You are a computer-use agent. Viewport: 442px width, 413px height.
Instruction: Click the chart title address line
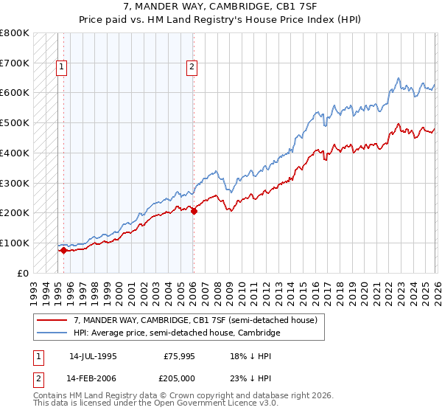pos(220,6)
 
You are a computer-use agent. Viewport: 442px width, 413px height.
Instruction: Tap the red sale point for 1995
pos(63,250)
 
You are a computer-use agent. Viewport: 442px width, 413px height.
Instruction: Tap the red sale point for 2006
pos(194,211)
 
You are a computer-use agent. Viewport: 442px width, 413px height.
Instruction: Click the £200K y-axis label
pos(15,212)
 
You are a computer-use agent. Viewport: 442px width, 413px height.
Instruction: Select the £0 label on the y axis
pos(22,273)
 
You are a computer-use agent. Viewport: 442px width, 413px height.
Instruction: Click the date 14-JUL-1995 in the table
pos(93,355)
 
